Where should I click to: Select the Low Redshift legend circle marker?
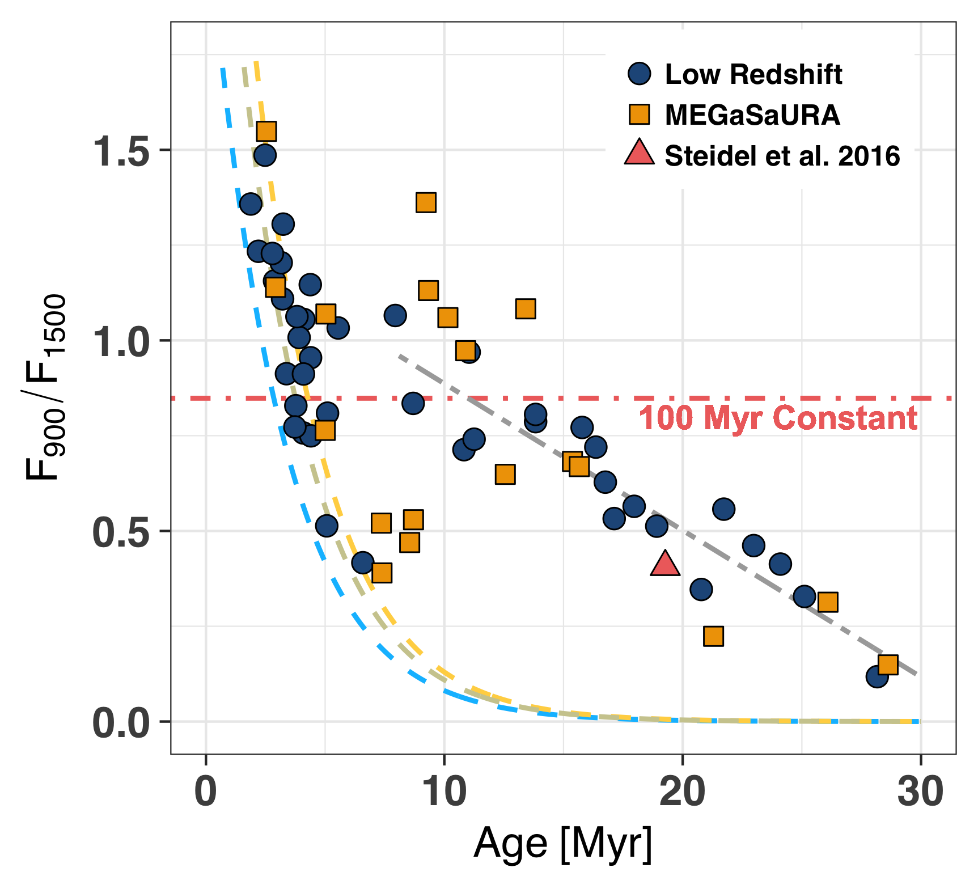(640, 74)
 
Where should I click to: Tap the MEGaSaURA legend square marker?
(640, 115)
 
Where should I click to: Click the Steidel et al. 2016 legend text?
(782, 156)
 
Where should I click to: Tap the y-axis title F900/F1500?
(45, 388)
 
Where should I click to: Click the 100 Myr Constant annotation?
(778, 418)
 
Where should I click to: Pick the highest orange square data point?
(266, 132)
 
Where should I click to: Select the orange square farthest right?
(888, 664)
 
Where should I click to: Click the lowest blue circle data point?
(877, 676)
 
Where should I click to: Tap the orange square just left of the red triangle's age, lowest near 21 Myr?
(713, 636)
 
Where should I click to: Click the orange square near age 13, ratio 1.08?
(526, 309)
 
